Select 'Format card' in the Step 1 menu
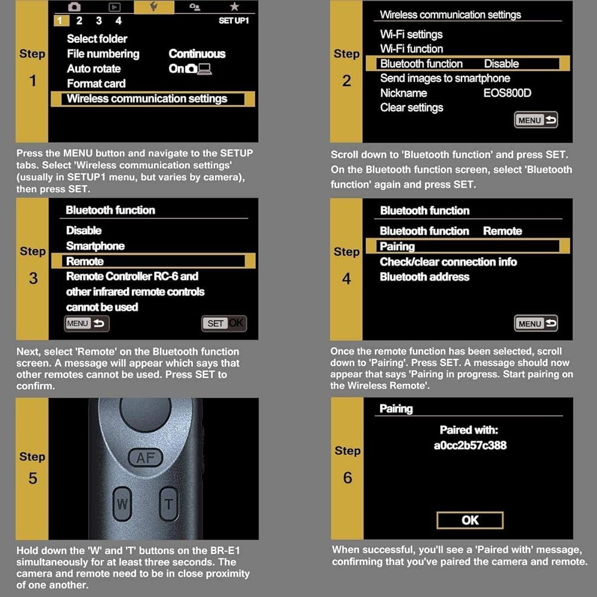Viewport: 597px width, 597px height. click(x=96, y=84)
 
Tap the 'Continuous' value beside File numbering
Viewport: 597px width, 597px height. click(x=197, y=54)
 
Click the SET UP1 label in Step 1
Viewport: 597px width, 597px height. click(x=233, y=21)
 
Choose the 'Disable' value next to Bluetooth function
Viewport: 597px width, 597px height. click(x=501, y=64)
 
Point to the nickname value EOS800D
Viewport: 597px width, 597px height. click(x=507, y=93)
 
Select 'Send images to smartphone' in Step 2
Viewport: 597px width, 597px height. click(x=445, y=78)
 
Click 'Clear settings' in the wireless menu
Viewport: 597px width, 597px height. click(x=411, y=107)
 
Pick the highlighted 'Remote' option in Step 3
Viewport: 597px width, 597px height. click(x=85, y=261)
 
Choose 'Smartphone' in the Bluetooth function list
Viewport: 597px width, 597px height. click(x=95, y=246)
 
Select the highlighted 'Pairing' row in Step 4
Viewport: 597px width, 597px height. click(x=397, y=247)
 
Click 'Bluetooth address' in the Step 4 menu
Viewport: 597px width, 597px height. click(x=424, y=277)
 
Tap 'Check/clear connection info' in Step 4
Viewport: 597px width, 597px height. click(x=448, y=261)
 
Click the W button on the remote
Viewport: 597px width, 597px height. click(x=122, y=503)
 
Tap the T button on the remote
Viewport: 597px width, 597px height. click(x=169, y=504)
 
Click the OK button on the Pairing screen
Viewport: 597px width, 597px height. click(x=470, y=520)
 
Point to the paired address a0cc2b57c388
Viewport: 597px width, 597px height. click(x=470, y=445)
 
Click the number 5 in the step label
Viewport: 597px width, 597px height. click(x=32, y=478)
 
